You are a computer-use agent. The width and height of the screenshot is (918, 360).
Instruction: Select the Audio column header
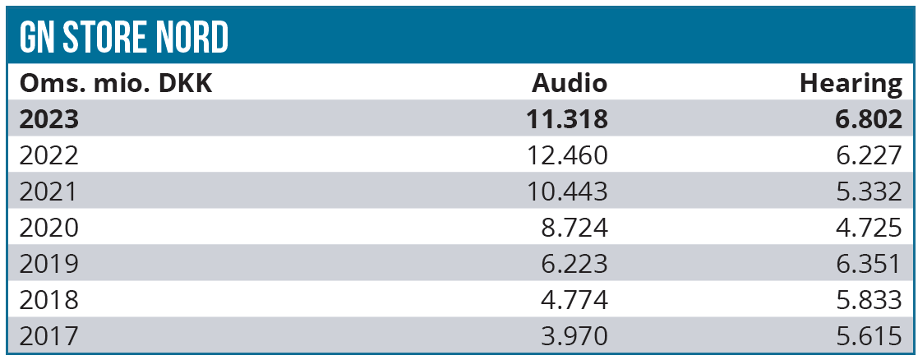tap(570, 83)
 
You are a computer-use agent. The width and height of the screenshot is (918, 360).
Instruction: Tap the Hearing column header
tap(851, 83)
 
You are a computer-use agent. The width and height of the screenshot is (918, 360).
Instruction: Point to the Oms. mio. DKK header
tap(116, 83)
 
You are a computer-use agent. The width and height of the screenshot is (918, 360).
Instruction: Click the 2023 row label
tap(49, 119)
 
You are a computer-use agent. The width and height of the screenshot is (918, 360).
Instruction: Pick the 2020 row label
tap(48, 228)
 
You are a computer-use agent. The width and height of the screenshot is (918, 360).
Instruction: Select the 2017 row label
tap(48, 335)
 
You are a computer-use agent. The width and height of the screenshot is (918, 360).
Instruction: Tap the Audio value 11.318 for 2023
tap(567, 119)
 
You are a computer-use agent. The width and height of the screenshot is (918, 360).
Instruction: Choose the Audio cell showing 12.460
tap(568, 155)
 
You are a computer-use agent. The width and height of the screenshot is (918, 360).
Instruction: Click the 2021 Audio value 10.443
tap(568, 192)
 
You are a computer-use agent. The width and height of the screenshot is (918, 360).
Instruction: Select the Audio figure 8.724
tap(574, 228)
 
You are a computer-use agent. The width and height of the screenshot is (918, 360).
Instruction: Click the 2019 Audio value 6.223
tap(574, 264)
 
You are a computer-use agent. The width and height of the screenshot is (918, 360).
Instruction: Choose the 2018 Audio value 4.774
tap(574, 300)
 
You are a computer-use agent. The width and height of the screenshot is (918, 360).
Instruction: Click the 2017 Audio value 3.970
tap(574, 335)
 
